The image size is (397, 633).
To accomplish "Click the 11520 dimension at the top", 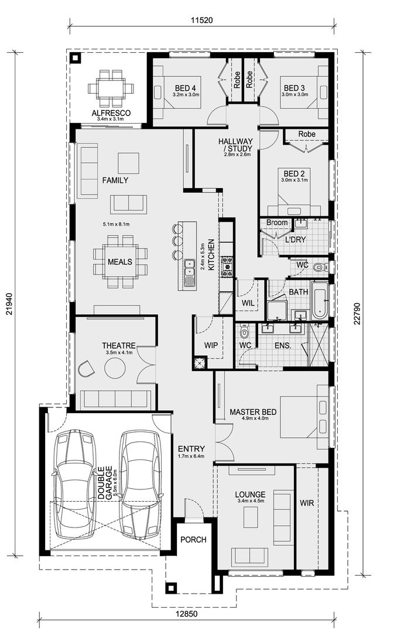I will click(201, 19).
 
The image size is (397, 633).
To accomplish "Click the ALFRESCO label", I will click(110, 113).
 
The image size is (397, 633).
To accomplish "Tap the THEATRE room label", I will click(119, 346).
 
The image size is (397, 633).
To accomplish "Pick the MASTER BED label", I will click(252, 412).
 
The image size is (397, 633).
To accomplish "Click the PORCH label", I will click(193, 539).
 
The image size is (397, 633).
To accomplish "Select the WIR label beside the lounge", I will click(307, 503).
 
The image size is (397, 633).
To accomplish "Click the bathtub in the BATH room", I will click(320, 299).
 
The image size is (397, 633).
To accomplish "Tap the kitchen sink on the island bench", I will click(190, 273).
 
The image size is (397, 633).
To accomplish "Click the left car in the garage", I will click(74, 484).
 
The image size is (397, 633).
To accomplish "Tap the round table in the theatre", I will click(114, 368).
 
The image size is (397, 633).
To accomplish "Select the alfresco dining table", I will click(111, 89).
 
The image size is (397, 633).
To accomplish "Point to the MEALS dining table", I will click(120, 262).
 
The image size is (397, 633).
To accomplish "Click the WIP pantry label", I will click(211, 345).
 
